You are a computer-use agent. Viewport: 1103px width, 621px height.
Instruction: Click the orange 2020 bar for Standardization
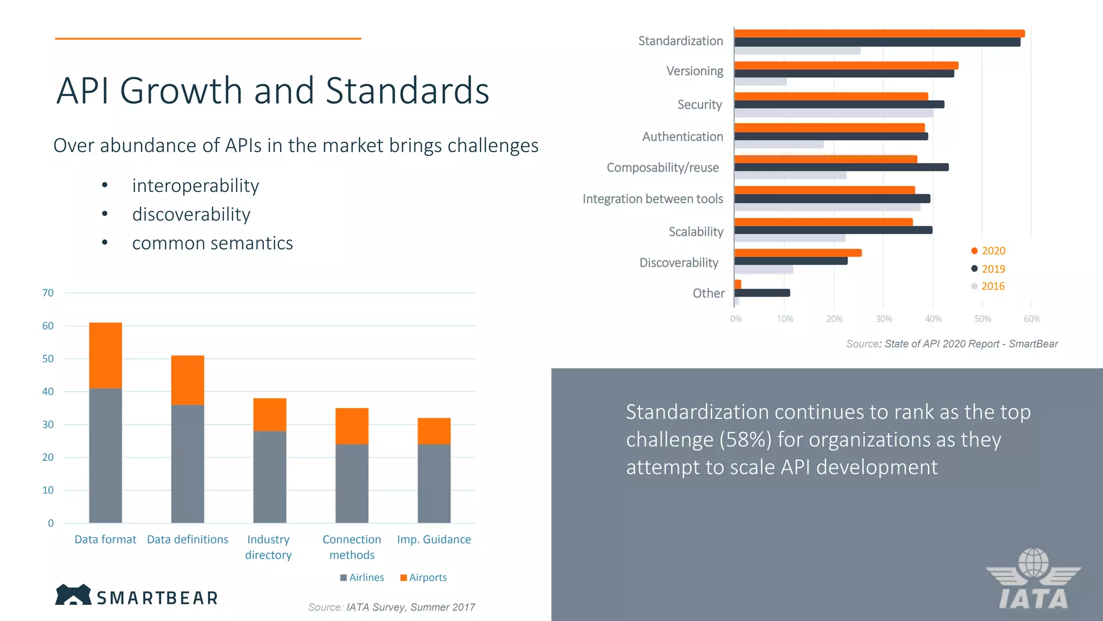[x=879, y=33]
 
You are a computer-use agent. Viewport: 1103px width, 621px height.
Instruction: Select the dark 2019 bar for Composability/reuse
[x=841, y=167]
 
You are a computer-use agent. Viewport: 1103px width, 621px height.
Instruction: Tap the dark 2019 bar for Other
[x=762, y=293]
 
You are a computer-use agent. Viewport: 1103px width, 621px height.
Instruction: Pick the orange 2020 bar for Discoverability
[x=798, y=253]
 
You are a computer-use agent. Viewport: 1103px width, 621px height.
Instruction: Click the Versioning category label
[x=694, y=71]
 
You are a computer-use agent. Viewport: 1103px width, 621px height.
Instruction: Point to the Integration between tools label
[x=652, y=199]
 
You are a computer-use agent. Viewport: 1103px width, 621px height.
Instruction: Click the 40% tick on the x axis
[x=933, y=319]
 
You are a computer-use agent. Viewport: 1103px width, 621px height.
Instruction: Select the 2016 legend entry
[x=988, y=286]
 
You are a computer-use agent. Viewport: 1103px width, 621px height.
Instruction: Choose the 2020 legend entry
[x=988, y=251]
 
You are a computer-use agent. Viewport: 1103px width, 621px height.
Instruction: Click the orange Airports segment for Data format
[x=106, y=355]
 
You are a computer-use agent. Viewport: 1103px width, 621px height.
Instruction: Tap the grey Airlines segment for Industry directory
[x=270, y=477]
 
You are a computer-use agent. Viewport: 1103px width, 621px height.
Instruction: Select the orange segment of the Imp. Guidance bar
[x=434, y=431]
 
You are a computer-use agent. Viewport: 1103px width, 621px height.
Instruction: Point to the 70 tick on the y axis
[x=48, y=293]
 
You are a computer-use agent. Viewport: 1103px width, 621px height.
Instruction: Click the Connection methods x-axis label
[x=352, y=547]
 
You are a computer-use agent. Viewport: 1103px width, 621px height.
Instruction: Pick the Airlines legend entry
[x=362, y=577]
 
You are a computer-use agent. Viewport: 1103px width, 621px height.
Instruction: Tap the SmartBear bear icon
[x=73, y=595]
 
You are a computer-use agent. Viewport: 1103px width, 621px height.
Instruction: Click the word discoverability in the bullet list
[x=191, y=215]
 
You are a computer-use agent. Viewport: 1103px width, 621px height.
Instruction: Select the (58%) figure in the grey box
[x=745, y=440]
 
